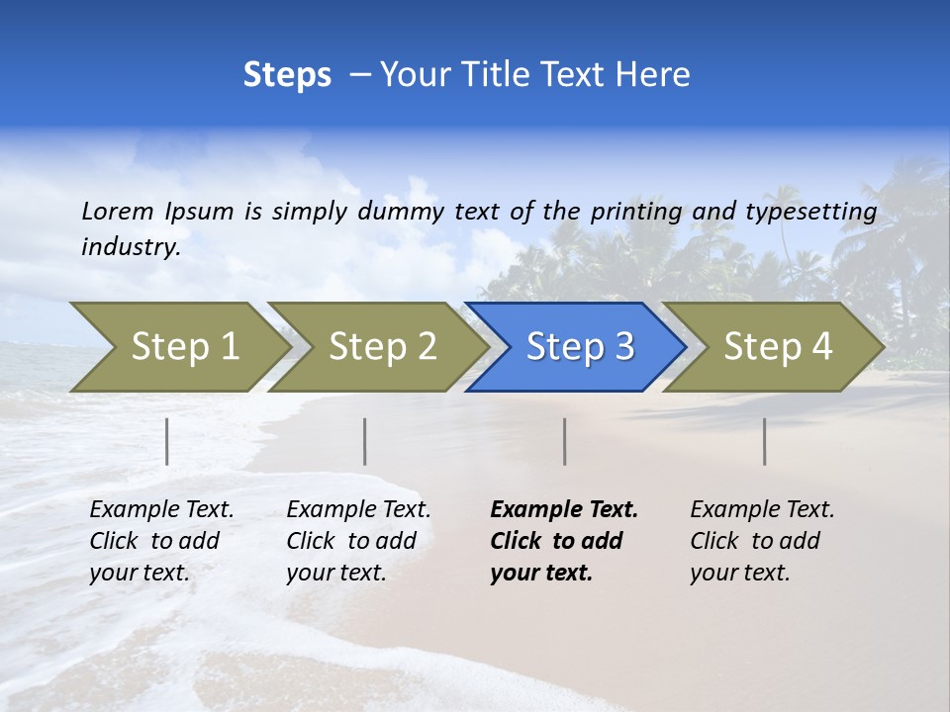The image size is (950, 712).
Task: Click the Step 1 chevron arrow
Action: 184,347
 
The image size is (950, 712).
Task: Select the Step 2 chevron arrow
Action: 382,347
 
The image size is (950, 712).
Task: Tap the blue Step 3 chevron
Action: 580,347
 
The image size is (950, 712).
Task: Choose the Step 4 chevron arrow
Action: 778,347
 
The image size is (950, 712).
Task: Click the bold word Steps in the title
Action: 287,75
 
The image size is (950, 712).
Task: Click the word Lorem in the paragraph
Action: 117,211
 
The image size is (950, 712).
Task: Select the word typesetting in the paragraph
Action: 810,211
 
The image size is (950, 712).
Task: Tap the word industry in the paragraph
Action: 131,247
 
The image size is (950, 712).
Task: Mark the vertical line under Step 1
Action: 167,441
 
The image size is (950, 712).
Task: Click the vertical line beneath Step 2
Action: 365,441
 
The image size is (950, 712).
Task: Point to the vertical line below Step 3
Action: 564,441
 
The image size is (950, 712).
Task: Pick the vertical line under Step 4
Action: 765,441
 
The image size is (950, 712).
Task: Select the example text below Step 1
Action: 161,541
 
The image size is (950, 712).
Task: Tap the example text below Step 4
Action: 762,541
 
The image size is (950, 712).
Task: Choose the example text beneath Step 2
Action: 358,541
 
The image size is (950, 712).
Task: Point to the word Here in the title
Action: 657,75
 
